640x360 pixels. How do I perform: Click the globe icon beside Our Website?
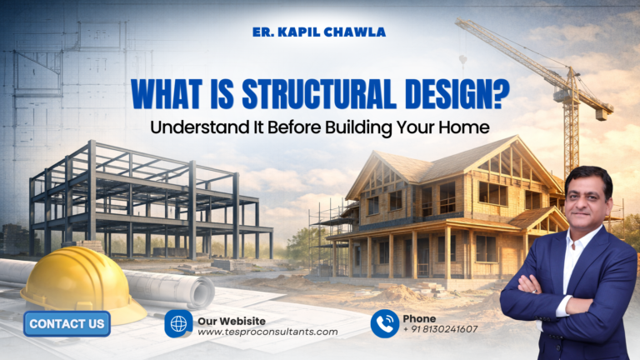coord(178,323)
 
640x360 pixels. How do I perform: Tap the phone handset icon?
coord(384,323)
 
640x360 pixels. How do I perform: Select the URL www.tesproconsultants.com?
coord(267,331)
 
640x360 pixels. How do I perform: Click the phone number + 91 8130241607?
coord(440,329)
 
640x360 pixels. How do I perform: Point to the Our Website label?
coord(232,318)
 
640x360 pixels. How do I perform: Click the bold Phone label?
coord(419,317)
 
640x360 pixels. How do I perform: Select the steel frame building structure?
coord(150,204)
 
